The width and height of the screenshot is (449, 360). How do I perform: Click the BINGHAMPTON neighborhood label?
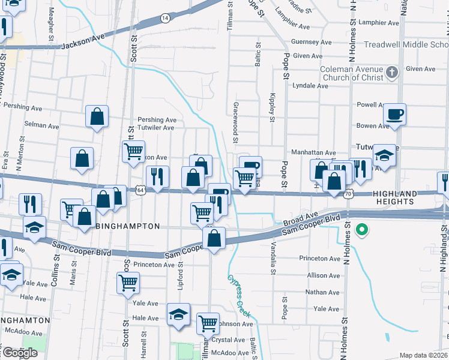click(x=128, y=226)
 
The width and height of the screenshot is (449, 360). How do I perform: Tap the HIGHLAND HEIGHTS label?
click(x=394, y=197)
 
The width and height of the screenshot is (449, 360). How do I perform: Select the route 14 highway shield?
click(x=164, y=19)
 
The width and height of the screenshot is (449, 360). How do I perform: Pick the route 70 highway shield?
click(x=348, y=194)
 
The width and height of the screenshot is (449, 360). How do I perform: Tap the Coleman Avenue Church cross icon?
click(x=392, y=73)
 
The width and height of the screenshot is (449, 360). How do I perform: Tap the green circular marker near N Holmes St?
click(x=361, y=229)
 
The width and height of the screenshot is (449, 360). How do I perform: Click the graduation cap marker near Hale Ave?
click(x=178, y=315)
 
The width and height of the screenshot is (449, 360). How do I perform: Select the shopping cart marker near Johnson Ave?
click(x=208, y=324)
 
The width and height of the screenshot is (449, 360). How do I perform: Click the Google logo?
click(x=20, y=352)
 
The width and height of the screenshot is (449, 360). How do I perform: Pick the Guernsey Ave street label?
click(x=311, y=43)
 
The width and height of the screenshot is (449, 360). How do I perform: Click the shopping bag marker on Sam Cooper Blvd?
click(x=214, y=238)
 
